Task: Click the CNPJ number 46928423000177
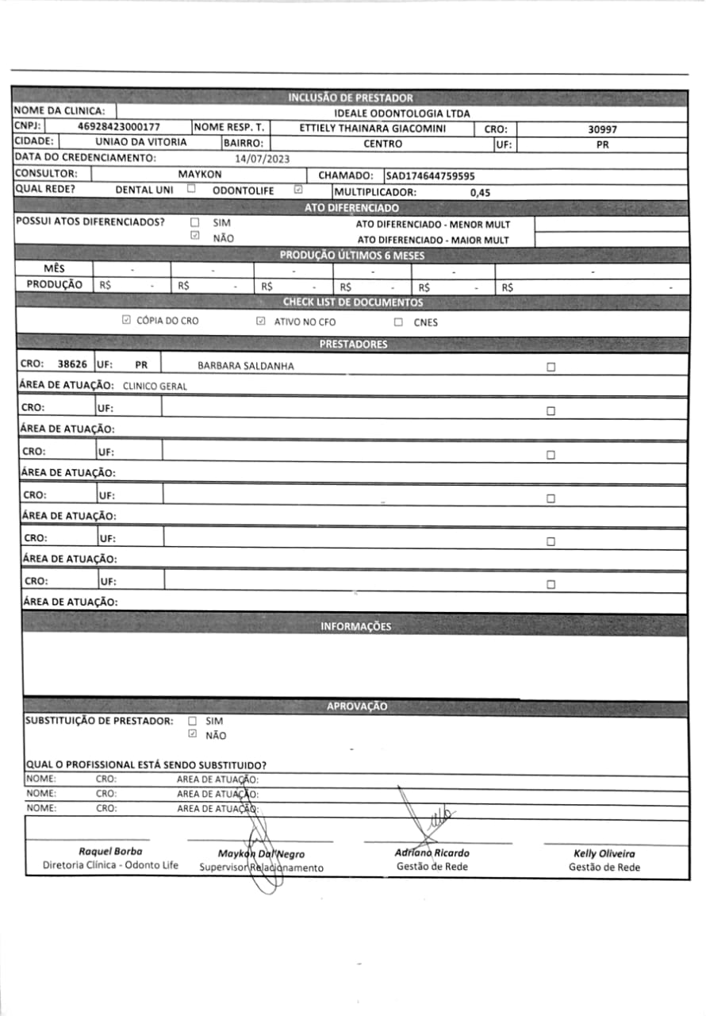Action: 120,127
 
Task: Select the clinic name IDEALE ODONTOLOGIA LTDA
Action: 402,114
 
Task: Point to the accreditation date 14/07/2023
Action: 263,159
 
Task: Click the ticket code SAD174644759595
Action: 431,175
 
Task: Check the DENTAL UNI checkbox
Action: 191,190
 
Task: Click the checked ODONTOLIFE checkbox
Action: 298,190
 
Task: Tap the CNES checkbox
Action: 398,322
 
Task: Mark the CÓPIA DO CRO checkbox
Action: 126,321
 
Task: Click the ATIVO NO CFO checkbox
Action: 260,321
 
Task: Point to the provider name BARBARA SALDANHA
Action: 245,367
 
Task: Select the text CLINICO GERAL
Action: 155,387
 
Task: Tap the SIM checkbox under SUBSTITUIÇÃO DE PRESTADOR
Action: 192,722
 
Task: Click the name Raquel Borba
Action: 110,852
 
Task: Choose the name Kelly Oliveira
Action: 604,853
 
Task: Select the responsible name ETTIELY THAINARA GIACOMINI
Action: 373,129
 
